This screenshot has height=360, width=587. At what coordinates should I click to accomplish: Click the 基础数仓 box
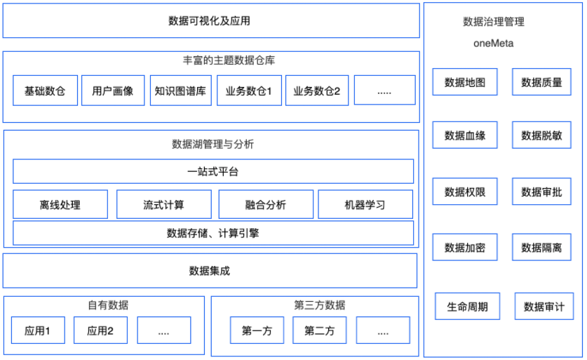[x=46, y=91]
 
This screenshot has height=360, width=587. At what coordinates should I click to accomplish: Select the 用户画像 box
[x=113, y=91]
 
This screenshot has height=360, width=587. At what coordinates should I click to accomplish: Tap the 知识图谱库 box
[x=181, y=91]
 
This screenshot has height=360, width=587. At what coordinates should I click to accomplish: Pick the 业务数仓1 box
[x=250, y=91]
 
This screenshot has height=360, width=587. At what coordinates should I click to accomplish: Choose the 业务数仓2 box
[x=317, y=91]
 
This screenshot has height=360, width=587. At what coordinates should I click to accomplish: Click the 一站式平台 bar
[x=213, y=171]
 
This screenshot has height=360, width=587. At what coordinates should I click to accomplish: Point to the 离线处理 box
[x=60, y=204]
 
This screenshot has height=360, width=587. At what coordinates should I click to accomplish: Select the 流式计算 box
[x=164, y=204]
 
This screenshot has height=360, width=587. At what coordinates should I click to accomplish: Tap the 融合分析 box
[x=266, y=204]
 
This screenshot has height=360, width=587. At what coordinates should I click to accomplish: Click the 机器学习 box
[x=365, y=204]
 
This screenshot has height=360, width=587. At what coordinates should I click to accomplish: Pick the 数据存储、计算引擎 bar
[x=213, y=233]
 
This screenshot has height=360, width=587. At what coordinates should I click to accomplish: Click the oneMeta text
[x=494, y=44]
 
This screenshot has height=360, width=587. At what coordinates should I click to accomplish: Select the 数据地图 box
[x=465, y=82]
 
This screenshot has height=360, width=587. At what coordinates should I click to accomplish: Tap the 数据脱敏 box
[x=541, y=135]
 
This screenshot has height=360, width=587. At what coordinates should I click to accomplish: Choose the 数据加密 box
[x=465, y=247]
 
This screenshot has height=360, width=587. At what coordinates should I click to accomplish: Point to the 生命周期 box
[x=468, y=307]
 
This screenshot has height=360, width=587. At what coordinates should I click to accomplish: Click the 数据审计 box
[x=544, y=307]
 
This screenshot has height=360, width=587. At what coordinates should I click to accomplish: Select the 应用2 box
[x=101, y=331]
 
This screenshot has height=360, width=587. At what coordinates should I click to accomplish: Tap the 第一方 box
[x=257, y=331]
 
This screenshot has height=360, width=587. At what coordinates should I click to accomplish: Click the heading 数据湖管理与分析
[x=212, y=145]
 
